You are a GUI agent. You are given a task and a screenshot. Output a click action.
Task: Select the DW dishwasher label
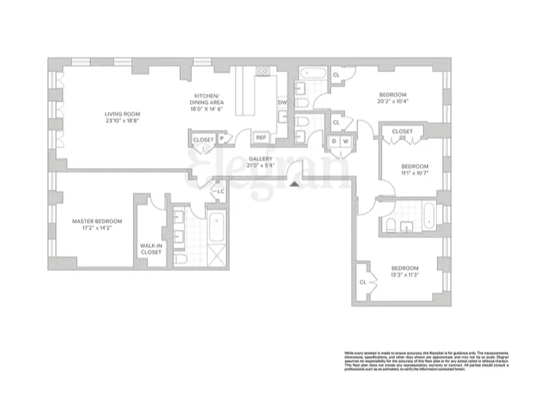[282, 102]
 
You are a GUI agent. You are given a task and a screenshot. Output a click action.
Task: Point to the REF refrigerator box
[261, 137]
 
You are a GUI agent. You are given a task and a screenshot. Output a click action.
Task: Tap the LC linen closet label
[220, 191]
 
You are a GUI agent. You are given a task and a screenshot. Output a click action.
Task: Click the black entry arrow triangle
[294, 184]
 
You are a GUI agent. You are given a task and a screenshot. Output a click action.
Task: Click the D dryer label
[334, 140]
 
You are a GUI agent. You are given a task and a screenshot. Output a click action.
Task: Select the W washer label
[346, 140]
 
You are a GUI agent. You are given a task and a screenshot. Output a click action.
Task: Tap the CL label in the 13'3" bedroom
[362, 281]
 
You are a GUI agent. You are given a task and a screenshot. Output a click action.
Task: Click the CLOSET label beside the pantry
[203, 139]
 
